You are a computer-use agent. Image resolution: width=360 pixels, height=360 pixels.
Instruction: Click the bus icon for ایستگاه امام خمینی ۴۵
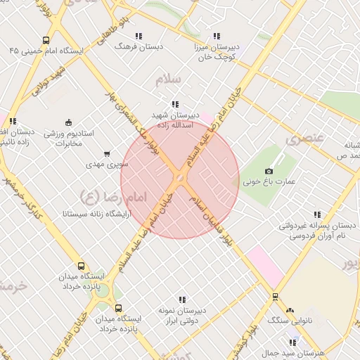46,40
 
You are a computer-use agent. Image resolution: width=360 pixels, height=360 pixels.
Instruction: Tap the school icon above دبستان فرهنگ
139,35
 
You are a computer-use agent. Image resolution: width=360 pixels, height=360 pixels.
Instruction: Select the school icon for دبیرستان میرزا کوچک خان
217,35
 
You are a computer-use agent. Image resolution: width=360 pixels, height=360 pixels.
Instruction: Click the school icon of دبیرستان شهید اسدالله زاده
175,103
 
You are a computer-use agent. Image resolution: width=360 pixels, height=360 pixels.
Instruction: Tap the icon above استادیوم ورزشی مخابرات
68,122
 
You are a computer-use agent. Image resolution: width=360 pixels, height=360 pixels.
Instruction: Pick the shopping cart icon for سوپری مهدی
106,153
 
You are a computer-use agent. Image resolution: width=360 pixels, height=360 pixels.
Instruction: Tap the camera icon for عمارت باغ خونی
268,171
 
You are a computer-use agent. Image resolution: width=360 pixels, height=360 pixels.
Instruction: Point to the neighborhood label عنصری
304,138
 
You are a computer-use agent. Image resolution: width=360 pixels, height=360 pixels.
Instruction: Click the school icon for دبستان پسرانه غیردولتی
317,214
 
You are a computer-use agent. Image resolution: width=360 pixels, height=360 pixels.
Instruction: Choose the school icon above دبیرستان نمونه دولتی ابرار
182,299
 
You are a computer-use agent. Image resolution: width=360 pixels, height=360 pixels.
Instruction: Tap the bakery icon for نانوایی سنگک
290,309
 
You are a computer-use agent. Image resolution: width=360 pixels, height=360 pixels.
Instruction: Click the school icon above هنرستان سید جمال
293,342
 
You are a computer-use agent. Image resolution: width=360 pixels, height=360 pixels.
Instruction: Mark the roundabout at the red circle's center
180,180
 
